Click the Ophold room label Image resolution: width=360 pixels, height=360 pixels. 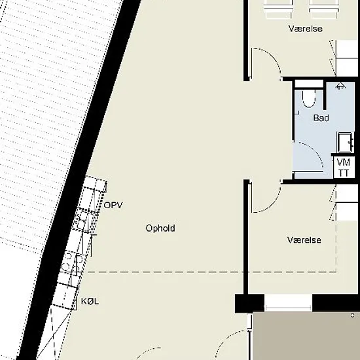click(160, 228)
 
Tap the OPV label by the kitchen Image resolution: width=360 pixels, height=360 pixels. click(113, 205)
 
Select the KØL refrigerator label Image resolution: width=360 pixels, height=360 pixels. click(90, 301)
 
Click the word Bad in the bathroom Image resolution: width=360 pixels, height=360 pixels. click(321, 118)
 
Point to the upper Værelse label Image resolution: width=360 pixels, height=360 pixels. click(306, 29)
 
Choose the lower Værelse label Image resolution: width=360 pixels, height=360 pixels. click(304, 240)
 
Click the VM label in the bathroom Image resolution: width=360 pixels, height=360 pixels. click(344, 162)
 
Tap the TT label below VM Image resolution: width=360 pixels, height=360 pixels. click(344, 173)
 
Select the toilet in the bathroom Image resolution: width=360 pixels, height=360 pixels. click(309, 98)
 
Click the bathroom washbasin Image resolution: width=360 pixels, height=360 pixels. click(346, 142)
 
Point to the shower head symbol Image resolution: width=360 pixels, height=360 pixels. click(340, 86)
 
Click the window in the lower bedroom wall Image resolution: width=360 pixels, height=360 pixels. click(288, 303)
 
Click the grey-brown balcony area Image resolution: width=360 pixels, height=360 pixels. click(306, 336)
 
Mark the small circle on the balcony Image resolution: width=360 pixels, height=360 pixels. click(353, 315)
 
